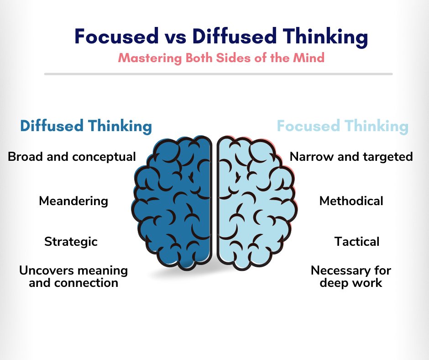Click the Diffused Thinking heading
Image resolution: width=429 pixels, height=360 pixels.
(x=85, y=126)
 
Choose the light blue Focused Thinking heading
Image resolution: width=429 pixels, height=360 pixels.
(x=343, y=126)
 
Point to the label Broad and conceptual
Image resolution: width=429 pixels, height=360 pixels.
(x=72, y=157)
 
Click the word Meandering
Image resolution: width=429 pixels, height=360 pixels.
(x=73, y=201)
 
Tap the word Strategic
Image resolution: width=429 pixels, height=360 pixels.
(x=71, y=241)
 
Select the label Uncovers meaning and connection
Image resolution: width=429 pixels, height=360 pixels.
(x=73, y=276)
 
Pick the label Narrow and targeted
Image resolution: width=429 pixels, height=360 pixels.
(x=351, y=157)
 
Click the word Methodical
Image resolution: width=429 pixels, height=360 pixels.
(x=351, y=201)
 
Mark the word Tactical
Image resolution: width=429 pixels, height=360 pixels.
(x=356, y=241)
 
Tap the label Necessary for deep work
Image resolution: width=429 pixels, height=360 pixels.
(x=351, y=276)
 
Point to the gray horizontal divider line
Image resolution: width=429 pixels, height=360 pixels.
(x=218, y=74)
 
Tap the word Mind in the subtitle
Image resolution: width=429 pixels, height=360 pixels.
(x=311, y=58)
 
